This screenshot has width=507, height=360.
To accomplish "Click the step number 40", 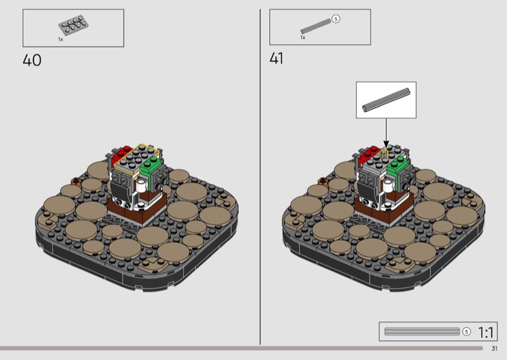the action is point(32,60).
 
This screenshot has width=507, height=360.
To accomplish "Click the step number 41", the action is point(276,58).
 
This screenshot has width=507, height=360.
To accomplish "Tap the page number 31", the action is point(494,349).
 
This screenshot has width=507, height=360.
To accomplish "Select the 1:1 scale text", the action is point(485,332).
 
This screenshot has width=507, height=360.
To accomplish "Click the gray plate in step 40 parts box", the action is point(74,25).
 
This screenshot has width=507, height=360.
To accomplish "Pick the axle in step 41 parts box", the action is point(316,26).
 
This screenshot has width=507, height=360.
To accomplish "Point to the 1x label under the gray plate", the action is point(60,39).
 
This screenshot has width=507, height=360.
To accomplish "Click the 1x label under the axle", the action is point(303,37).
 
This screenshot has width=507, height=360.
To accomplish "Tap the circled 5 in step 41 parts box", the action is point(336,19).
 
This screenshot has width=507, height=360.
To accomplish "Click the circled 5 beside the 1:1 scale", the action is point(466,331).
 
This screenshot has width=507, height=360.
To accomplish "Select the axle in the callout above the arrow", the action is point(386,100).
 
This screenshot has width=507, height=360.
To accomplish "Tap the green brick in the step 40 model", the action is point(150,165).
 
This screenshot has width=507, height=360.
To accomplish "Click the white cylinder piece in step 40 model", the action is point(141,185).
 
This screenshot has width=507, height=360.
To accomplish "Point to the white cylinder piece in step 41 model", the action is point(388,185).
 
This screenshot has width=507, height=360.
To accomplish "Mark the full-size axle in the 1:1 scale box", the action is point(422,331).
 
